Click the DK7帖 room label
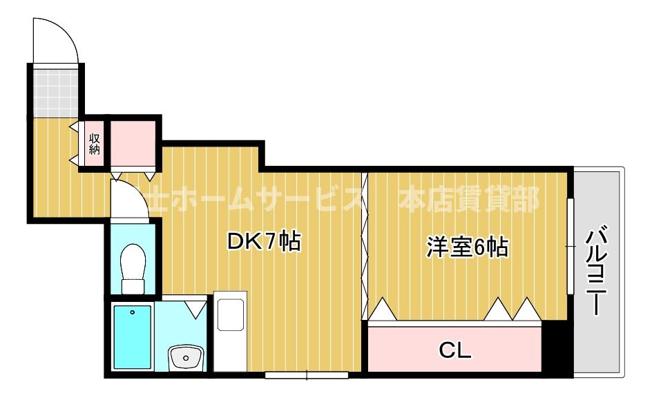point(264,242)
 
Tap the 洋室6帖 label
point(467,246)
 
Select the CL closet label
point(455,350)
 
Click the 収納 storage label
point(94,143)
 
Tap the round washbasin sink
point(185,358)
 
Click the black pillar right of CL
point(555,349)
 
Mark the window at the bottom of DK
point(306,375)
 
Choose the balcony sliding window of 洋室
point(570,245)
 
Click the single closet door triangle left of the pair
point(382,309)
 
